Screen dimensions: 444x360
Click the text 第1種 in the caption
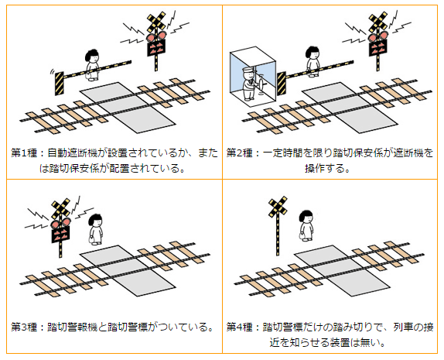click(x=24, y=153)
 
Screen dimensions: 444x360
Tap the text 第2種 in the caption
click(x=240, y=153)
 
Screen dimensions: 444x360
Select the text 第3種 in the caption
click(x=24, y=327)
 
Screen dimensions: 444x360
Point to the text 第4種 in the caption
click(x=240, y=327)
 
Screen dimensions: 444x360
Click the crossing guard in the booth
click(x=250, y=84)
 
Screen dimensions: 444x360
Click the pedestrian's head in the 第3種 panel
click(x=95, y=220)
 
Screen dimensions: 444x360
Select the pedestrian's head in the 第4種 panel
click(x=306, y=217)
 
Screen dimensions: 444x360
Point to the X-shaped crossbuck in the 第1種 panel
click(x=156, y=22)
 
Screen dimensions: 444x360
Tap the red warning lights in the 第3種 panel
click(x=60, y=222)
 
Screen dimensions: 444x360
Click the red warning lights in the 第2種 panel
click(x=378, y=36)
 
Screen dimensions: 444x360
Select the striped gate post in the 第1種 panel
click(x=60, y=84)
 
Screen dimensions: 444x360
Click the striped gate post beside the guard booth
click(x=282, y=84)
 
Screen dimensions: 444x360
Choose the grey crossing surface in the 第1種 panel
click(x=128, y=108)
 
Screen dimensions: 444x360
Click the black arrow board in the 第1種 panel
click(x=156, y=48)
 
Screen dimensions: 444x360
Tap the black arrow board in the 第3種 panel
click(x=60, y=234)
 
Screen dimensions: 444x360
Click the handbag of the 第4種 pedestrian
click(x=302, y=235)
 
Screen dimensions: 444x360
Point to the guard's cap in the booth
click(x=248, y=70)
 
